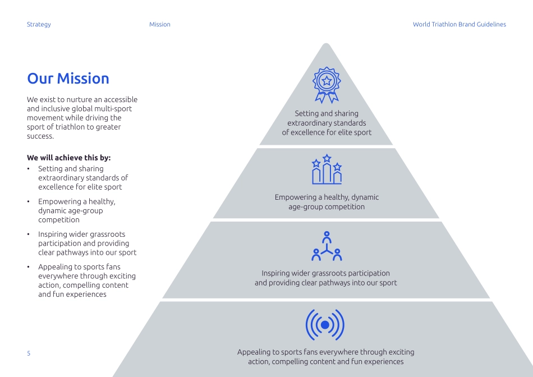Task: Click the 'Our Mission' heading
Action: click(x=68, y=79)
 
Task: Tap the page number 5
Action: click(x=29, y=353)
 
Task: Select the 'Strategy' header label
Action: click(x=39, y=25)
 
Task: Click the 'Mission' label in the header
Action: click(x=159, y=25)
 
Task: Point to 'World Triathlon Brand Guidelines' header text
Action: click(x=459, y=25)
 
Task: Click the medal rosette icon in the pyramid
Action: click(x=327, y=85)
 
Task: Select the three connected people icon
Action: click(x=327, y=246)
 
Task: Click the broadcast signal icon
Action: click(x=325, y=325)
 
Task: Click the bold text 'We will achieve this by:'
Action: click(x=68, y=158)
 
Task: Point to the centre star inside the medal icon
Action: click(x=327, y=80)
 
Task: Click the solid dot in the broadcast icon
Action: click(x=325, y=325)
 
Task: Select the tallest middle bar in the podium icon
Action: click(x=327, y=173)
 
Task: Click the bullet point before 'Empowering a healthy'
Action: click(x=29, y=201)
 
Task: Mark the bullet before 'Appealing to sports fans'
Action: click(x=29, y=267)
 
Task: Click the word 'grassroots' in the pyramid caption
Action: click(x=329, y=273)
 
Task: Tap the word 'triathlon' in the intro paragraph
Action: click(x=71, y=127)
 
